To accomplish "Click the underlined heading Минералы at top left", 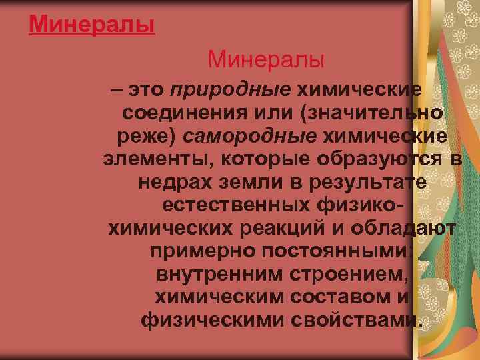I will pyautogui.click(x=92, y=25).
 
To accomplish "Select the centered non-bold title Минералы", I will pyautogui.click(x=266, y=61).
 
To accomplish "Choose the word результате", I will pyautogui.click(x=366, y=183).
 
